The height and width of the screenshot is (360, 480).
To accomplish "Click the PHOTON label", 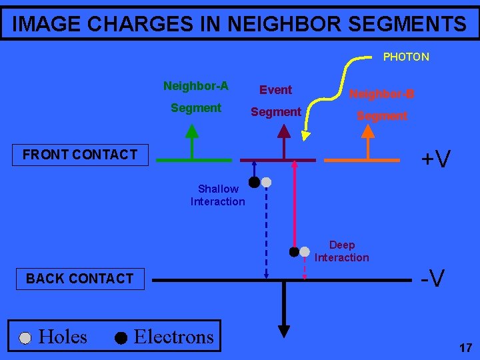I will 405,57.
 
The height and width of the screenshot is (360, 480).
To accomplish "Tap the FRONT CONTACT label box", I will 80,155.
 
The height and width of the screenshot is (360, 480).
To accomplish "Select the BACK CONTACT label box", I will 80,278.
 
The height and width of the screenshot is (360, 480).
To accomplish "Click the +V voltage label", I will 436,159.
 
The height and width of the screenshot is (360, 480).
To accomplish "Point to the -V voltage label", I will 434,277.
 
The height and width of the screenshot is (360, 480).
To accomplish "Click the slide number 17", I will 465,347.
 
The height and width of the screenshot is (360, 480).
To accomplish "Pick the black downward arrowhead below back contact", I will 284,330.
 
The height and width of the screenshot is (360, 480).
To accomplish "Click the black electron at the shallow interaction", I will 254,181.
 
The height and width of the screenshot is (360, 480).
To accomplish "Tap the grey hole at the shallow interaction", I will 266,181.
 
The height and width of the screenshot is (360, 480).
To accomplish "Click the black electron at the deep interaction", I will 293,251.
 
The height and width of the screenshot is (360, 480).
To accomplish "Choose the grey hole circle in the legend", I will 25,338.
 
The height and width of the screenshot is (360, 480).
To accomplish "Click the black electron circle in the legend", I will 120,338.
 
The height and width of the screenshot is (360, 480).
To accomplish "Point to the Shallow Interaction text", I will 218,195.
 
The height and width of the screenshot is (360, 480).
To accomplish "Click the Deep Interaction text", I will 341,251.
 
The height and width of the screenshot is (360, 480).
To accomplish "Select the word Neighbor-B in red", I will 382,94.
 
